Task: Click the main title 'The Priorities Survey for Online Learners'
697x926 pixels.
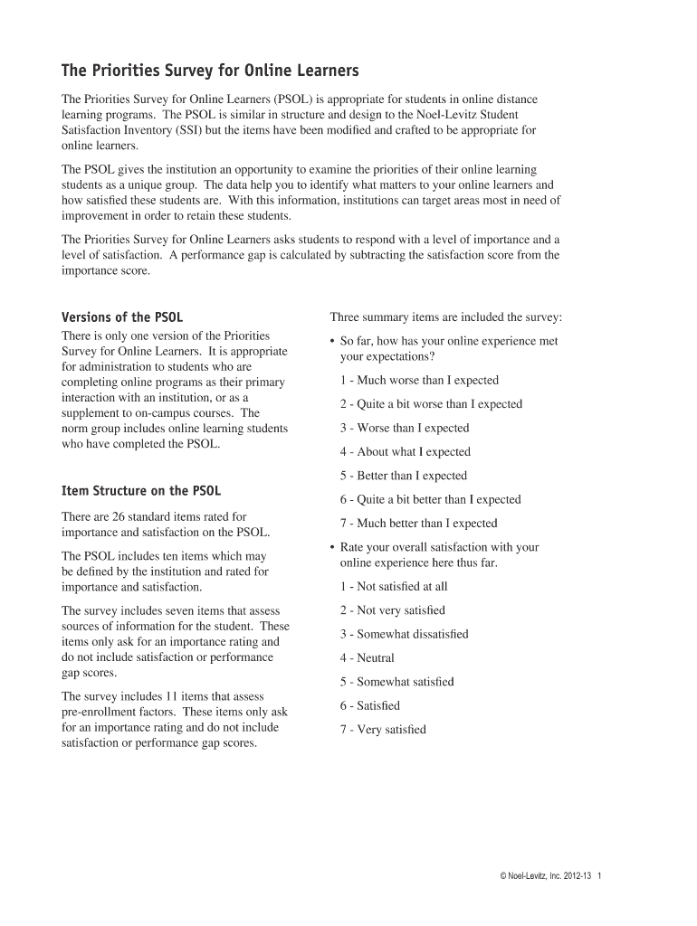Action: [x=210, y=71]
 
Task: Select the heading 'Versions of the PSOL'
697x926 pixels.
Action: [x=121, y=317]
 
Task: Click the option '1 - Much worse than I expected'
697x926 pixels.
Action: [x=419, y=381]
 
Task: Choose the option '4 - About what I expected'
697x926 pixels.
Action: [x=406, y=452]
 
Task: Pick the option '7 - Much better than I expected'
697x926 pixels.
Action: [x=419, y=524]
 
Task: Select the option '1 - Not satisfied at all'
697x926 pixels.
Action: [x=394, y=587]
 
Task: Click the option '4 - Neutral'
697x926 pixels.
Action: [x=368, y=658]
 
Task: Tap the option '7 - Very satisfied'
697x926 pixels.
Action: [x=383, y=730]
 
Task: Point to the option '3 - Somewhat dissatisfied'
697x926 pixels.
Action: [x=405, y=634]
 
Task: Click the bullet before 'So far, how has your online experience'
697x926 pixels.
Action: [x=333, y=342]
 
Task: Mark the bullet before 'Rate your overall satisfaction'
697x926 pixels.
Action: [x=333, y=547]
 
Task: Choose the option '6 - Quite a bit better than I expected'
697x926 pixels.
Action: [x=431, y=499]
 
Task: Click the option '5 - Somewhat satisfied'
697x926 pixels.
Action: [x=397, y=682]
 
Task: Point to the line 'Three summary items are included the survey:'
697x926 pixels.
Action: [x=446, y=317]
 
